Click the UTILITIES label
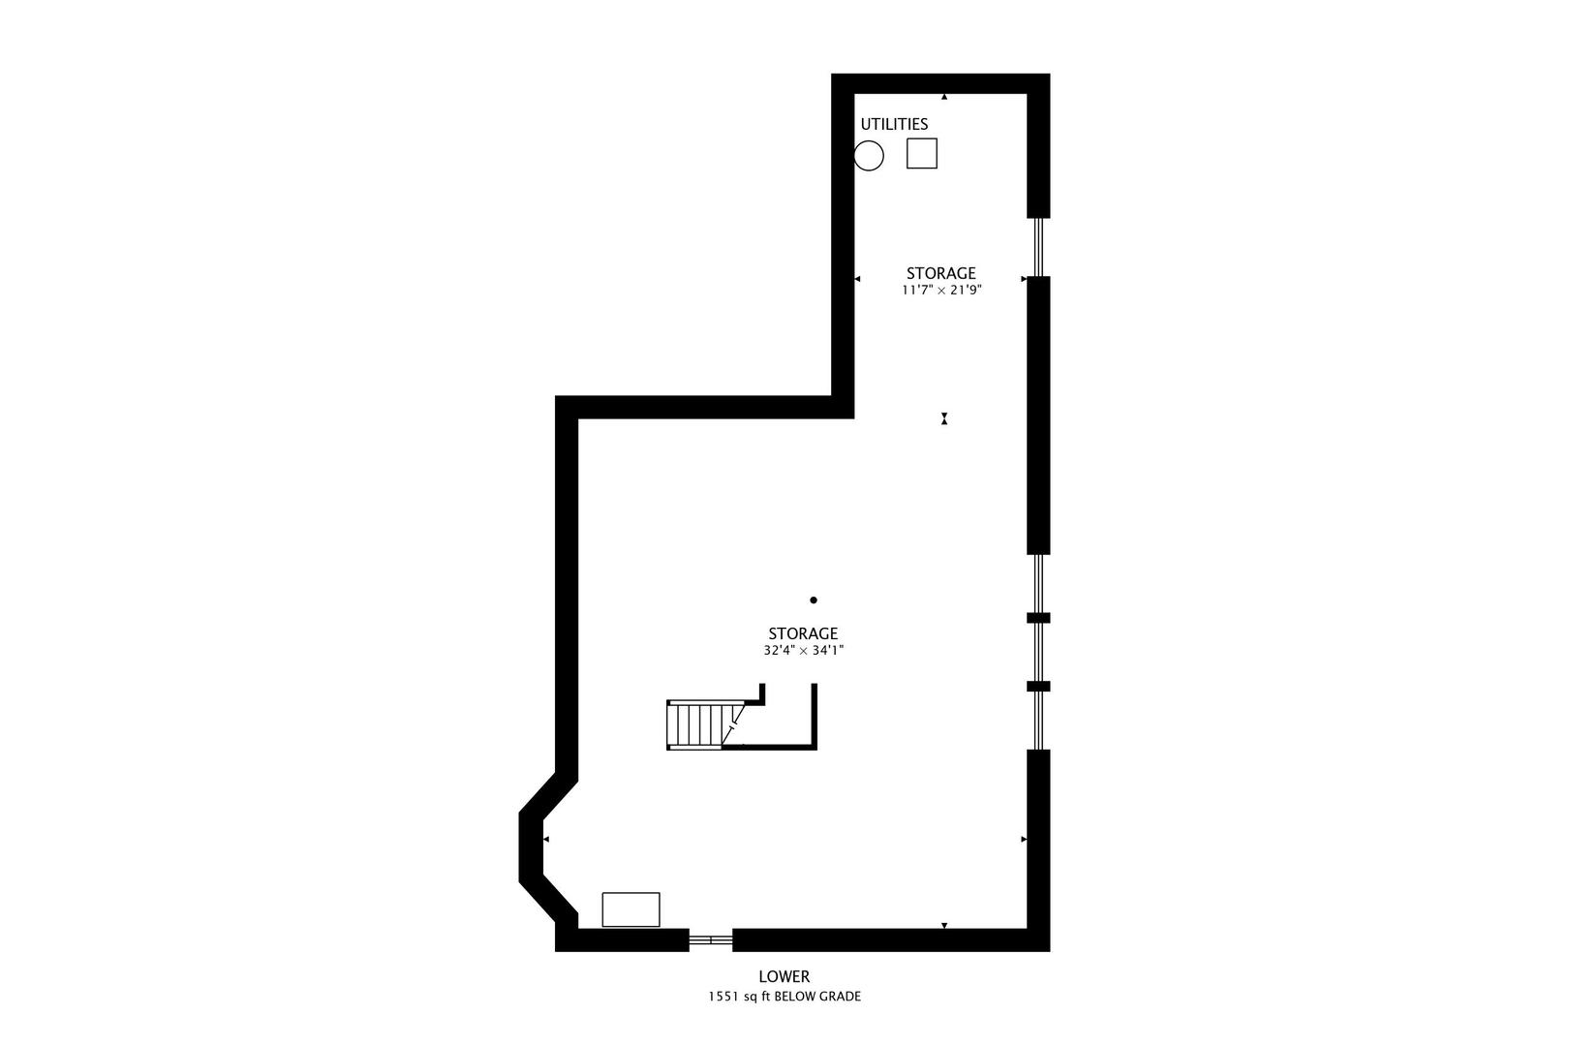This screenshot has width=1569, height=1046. tap(894, 124)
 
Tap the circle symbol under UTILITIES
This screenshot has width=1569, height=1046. tap(869, 155)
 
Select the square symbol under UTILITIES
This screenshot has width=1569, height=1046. tap(921, 153)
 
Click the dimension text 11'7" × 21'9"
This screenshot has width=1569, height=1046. tap(942, 290)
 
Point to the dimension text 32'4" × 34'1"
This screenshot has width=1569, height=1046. tap(803, 651)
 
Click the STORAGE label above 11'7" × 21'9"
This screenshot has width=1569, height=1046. tap(940, 273)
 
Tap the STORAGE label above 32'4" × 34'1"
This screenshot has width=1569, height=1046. tap(803, 633)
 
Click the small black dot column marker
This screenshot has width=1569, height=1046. tap(813, 600)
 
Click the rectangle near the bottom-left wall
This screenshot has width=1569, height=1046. tap(631, 909)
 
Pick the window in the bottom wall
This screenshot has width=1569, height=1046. tap(710, 939)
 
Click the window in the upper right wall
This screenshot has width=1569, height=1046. tap(1038, 247)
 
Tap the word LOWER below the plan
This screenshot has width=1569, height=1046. tap(784, 977)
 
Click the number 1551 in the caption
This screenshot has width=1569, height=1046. tap(723, 997)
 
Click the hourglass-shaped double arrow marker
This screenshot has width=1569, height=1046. tap(944, 418)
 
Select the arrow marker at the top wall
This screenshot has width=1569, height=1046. tap(944, 97)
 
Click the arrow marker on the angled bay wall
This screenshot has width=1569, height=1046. tap(545, 839)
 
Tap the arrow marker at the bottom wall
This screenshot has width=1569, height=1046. tap(944, 926)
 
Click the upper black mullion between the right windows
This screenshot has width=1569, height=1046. tap(1038, 617)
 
